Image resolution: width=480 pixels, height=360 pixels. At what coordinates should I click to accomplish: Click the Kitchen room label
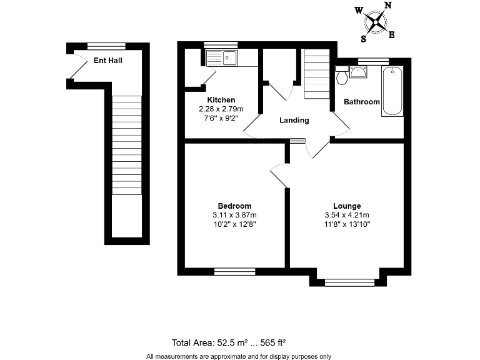221,100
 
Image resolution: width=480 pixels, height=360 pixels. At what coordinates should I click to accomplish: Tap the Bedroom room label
234,206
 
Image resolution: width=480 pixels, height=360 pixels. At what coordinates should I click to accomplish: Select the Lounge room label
347,206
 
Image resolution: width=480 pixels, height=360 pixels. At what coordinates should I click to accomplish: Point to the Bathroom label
362,102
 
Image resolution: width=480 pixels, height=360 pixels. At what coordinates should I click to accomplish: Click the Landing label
294,121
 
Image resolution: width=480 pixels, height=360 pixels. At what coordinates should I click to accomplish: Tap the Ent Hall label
107,61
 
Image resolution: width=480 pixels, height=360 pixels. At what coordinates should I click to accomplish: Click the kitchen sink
222,58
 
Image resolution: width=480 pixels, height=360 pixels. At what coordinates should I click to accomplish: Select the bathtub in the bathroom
392,91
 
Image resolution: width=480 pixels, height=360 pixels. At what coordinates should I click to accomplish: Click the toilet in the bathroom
342,77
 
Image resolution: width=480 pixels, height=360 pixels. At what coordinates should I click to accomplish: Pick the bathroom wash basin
359,72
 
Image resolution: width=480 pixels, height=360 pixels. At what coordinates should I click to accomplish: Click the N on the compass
387,6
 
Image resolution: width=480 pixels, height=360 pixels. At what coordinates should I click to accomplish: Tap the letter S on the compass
363,38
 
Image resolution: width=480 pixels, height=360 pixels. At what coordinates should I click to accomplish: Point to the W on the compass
359,10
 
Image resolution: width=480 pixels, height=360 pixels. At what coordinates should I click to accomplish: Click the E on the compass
392,34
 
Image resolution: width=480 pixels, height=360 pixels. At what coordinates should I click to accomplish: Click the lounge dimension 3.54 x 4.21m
347,216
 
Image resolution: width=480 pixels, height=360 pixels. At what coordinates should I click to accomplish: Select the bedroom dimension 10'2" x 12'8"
234,225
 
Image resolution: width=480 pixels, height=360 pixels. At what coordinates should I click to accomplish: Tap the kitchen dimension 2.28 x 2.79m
221,109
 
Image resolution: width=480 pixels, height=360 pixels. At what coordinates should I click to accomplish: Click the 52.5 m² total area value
232,342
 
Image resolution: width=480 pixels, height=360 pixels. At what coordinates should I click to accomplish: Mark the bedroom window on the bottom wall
234,271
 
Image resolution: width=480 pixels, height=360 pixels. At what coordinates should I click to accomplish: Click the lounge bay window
349,282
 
